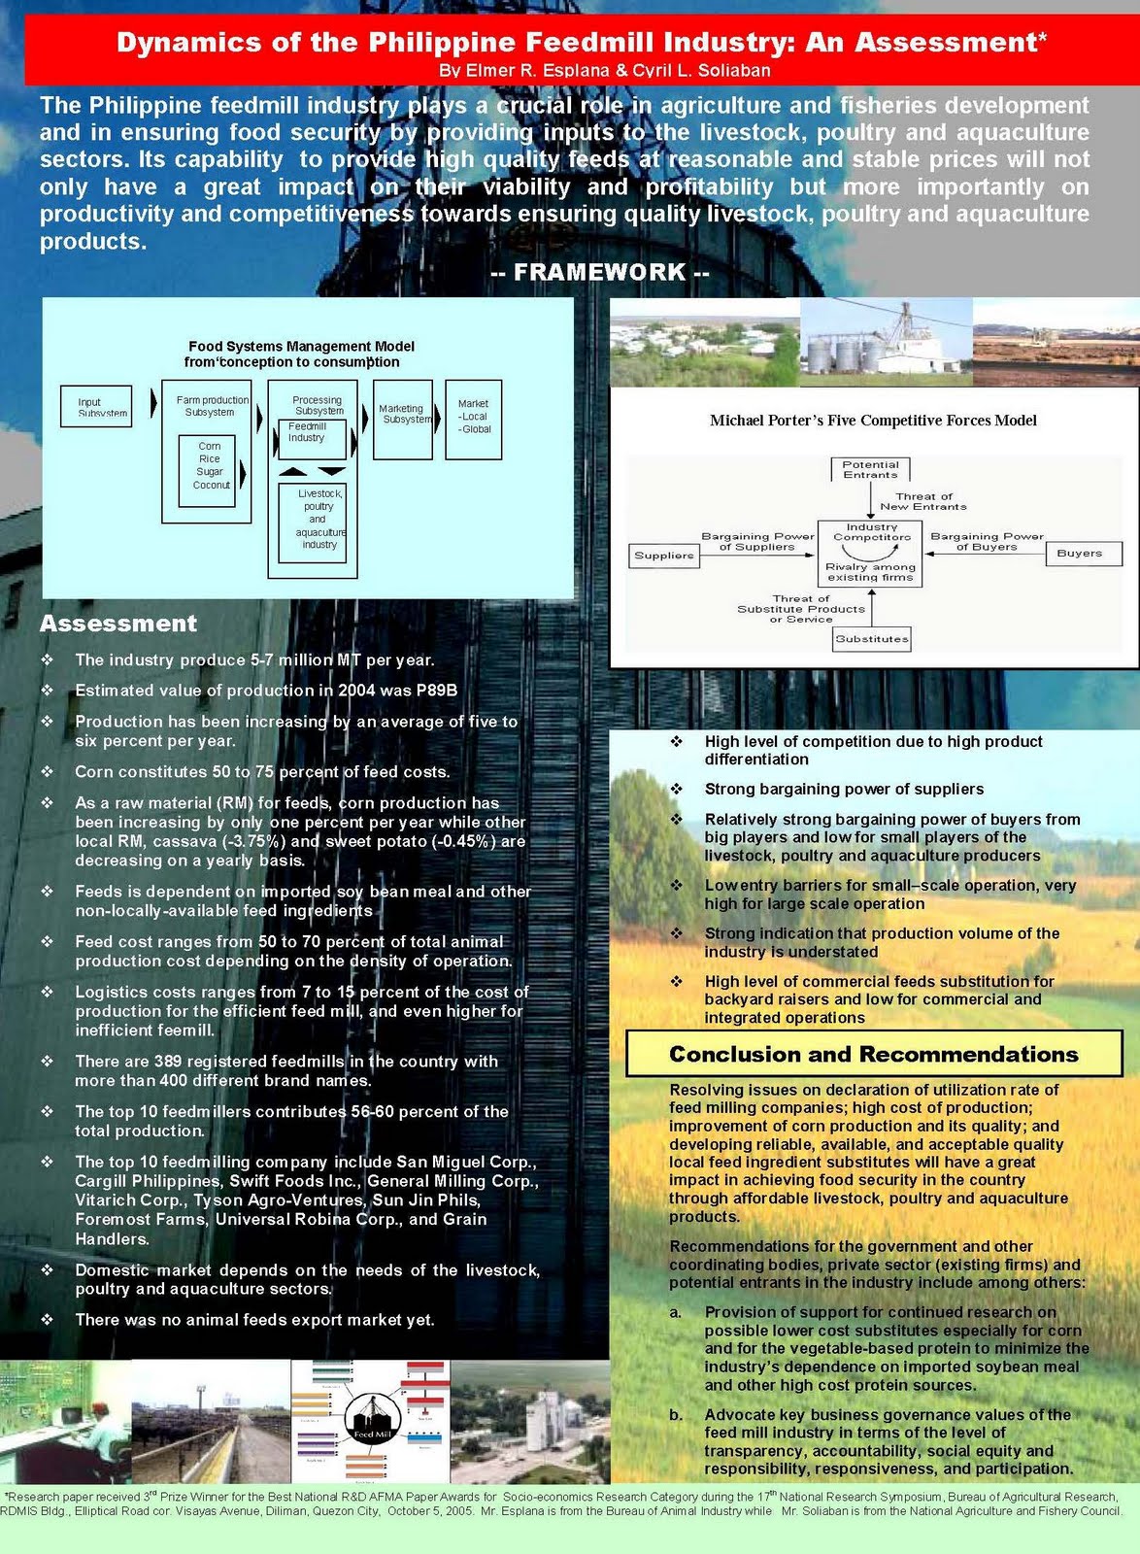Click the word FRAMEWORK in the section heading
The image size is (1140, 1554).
600,272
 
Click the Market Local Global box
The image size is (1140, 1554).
473,419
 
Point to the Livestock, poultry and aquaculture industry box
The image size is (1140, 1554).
312,523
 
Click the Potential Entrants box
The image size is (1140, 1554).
870,470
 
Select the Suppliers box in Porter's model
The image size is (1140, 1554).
664,556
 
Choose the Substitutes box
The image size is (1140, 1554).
871,639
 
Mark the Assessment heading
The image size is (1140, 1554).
118,624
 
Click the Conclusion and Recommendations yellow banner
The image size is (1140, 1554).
873,1055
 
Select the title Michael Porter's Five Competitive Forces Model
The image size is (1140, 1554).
873,421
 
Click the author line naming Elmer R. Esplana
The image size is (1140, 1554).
604,71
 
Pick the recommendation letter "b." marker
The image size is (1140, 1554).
676,1415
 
